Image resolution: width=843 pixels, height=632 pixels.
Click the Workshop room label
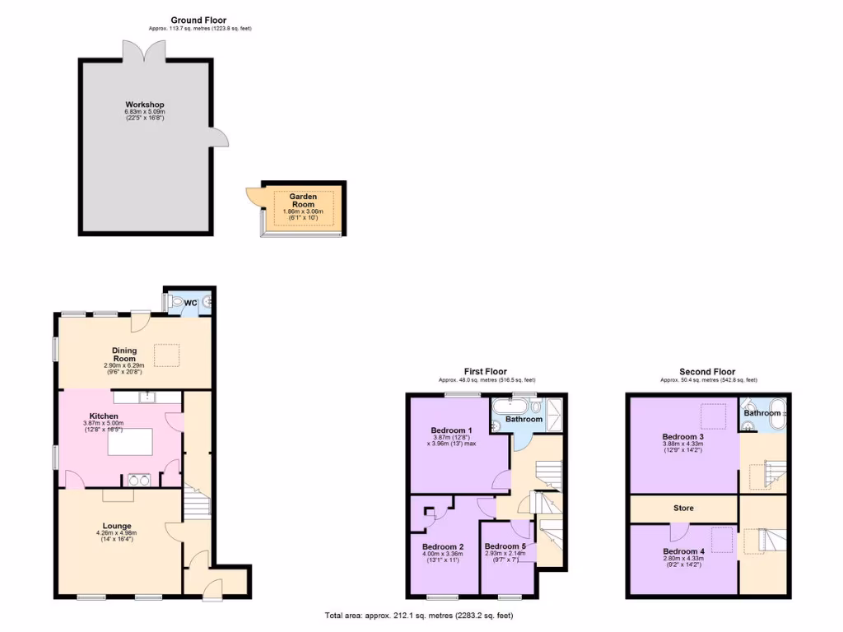(145, 105)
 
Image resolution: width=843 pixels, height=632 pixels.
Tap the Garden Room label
(303, 201)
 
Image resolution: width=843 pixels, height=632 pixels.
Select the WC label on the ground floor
(190, 303)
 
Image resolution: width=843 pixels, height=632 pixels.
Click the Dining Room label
(124, 355)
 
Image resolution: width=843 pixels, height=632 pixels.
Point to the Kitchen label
(104, 416)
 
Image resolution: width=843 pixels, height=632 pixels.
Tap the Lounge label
(117, 526)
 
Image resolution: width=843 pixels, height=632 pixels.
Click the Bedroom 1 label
(451, 430)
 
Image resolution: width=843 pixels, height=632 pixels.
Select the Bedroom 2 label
(443, 546)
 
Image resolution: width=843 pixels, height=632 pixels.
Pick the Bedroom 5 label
(505, 546)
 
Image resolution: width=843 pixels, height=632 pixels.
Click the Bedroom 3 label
(683, 437)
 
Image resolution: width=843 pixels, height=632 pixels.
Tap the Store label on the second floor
(683, 509)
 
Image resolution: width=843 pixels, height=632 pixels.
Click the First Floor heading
(486, 372)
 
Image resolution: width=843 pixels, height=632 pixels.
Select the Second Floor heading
(707, 372)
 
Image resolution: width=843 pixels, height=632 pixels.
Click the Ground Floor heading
(198, 20)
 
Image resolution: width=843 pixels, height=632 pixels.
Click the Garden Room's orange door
(252, 197)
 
